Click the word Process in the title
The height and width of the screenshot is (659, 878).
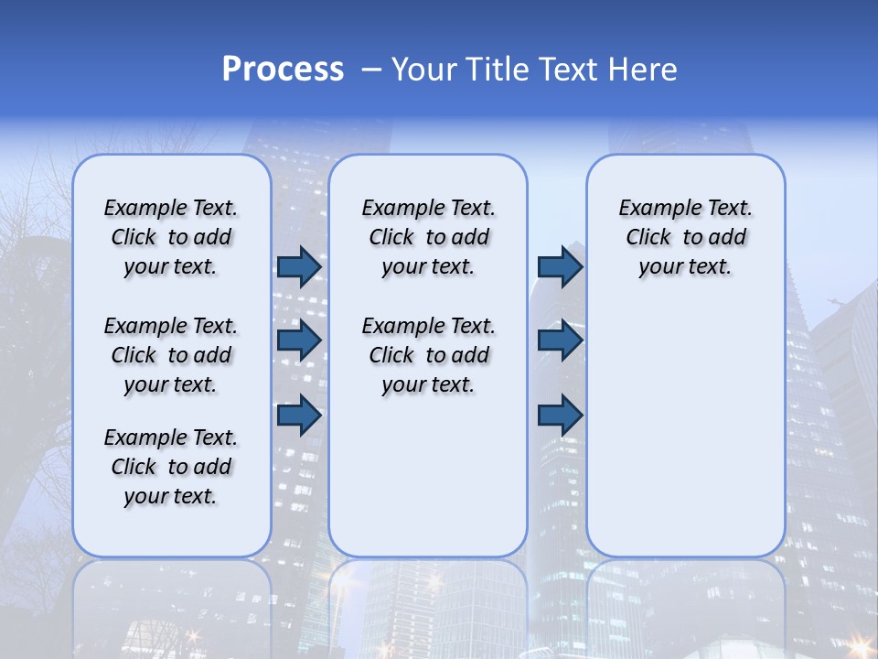tap(283, 69)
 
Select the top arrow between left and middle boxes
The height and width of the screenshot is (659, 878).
tap(299, 266)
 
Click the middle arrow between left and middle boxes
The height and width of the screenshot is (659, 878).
tap(299, 340)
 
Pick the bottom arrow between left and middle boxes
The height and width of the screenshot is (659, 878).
tap(299, 416)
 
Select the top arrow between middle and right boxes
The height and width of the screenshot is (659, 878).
tap(560, 266)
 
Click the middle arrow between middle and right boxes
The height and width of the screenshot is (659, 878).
tap(560, 340)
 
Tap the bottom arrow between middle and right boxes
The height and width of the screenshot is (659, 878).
tap(560, 416)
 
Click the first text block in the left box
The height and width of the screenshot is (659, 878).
tap(171, 237)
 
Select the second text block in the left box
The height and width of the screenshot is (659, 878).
tap(171, 355)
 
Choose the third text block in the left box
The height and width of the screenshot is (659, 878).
tap(171, 467)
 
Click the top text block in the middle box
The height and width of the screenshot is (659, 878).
tap(428, 237)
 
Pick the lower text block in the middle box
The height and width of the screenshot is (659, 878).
tap(428, 355)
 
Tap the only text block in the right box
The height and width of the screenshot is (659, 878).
tap(685, 237)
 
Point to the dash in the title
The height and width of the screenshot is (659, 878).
tap(371, 70)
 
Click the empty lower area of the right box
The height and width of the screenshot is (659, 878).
tap(685, 430)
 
